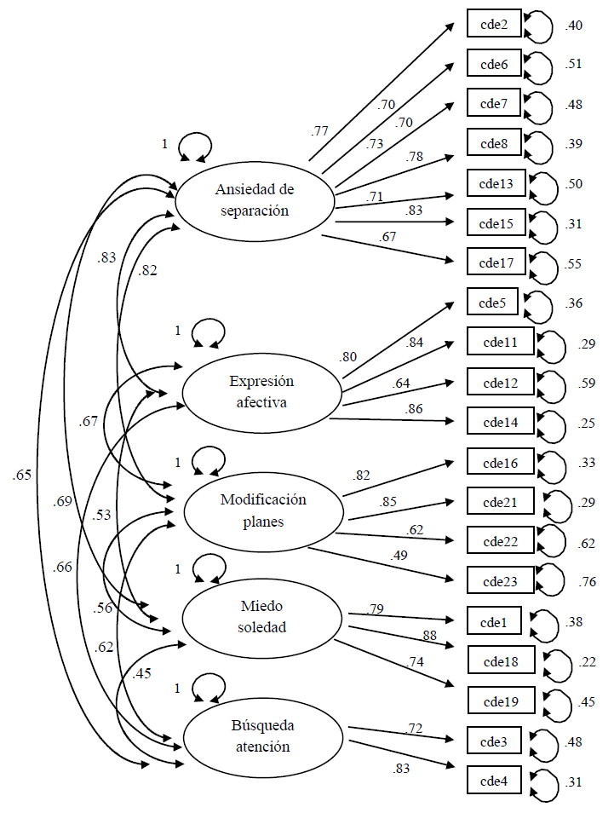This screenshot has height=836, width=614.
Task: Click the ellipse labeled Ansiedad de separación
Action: pyautogui.click(x=252, y=200)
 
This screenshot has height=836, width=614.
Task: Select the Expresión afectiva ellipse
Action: pyautogui.click(x=261, y=392)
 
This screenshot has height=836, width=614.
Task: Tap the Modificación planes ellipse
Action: pyautogui.click(x=263, y=510)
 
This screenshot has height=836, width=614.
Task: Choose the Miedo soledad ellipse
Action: pyautogui.click(x=262, y=617)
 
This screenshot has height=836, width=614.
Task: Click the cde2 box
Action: pyautogui.click(x=494, y=25)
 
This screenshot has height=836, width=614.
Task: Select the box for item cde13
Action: pyautogui.click(x=496, y=183)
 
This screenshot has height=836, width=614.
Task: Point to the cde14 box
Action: pyautogui.click(x=501, y=421)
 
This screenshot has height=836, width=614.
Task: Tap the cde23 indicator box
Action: pyautogui.click(x=501, y=581)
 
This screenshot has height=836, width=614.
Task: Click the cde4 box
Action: pyautogui.click(x=494, y=781)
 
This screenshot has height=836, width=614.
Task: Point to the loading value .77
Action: pyautogui.click(x=319, y=131)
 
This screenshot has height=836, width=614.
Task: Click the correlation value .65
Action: pyautogui.click(x=22, y=476)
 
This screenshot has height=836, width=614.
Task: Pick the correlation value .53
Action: pyautogui.click(x=101, y=515)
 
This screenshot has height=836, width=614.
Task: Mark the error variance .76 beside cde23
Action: pyautogui.click(x=587, y=583)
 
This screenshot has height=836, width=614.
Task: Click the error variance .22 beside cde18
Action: pyautogui.click(x=587, y=662)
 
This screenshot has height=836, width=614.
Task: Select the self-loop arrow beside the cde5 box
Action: pyautogui.click(x=538, y=305)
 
